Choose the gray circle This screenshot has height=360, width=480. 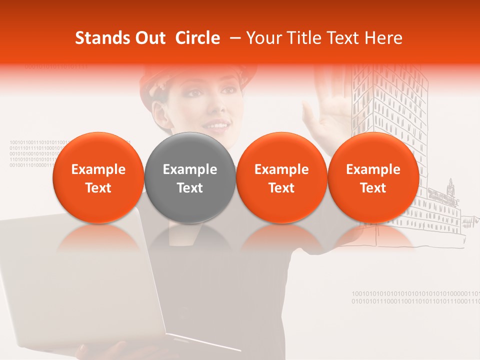190,178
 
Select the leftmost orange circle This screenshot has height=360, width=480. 98,178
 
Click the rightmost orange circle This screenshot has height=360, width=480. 373,178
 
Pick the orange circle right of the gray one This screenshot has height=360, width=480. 281,178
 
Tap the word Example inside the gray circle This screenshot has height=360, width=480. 190,169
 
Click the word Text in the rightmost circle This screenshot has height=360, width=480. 373,188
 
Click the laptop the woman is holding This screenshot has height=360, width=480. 75,280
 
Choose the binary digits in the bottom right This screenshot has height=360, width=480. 415,297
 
